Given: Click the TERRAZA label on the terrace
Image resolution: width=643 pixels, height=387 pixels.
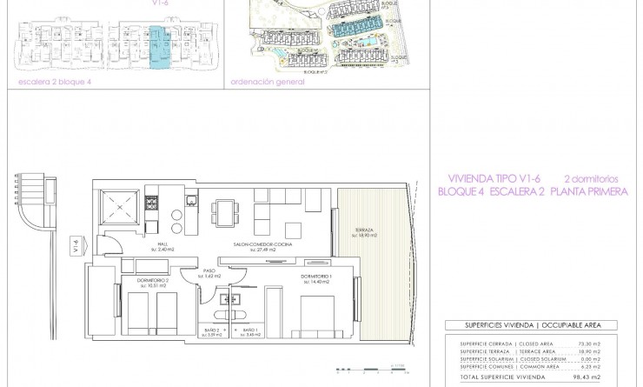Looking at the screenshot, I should pos(353,231).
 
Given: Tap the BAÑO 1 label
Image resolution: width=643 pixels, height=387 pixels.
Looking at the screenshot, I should pos(250,331).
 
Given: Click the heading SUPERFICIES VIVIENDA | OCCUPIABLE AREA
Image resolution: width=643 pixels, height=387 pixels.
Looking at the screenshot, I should pos(530,325).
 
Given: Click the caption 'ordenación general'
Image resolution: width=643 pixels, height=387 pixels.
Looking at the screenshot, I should pos(268,83).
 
